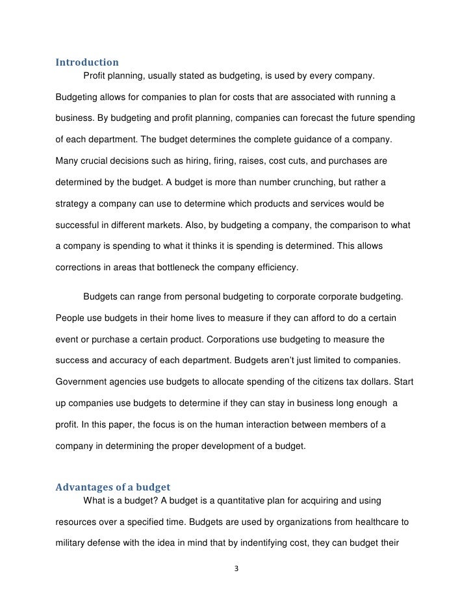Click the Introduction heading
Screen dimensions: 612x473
[86, 63]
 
